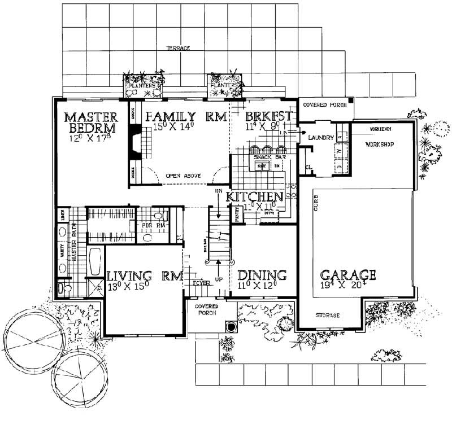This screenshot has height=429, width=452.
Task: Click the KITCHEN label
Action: [254, 197]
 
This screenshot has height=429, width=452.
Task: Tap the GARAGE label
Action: [348, 275]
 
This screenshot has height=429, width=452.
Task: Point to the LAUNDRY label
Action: [320, 138]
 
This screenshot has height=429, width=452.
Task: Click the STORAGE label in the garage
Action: [328, 316]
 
